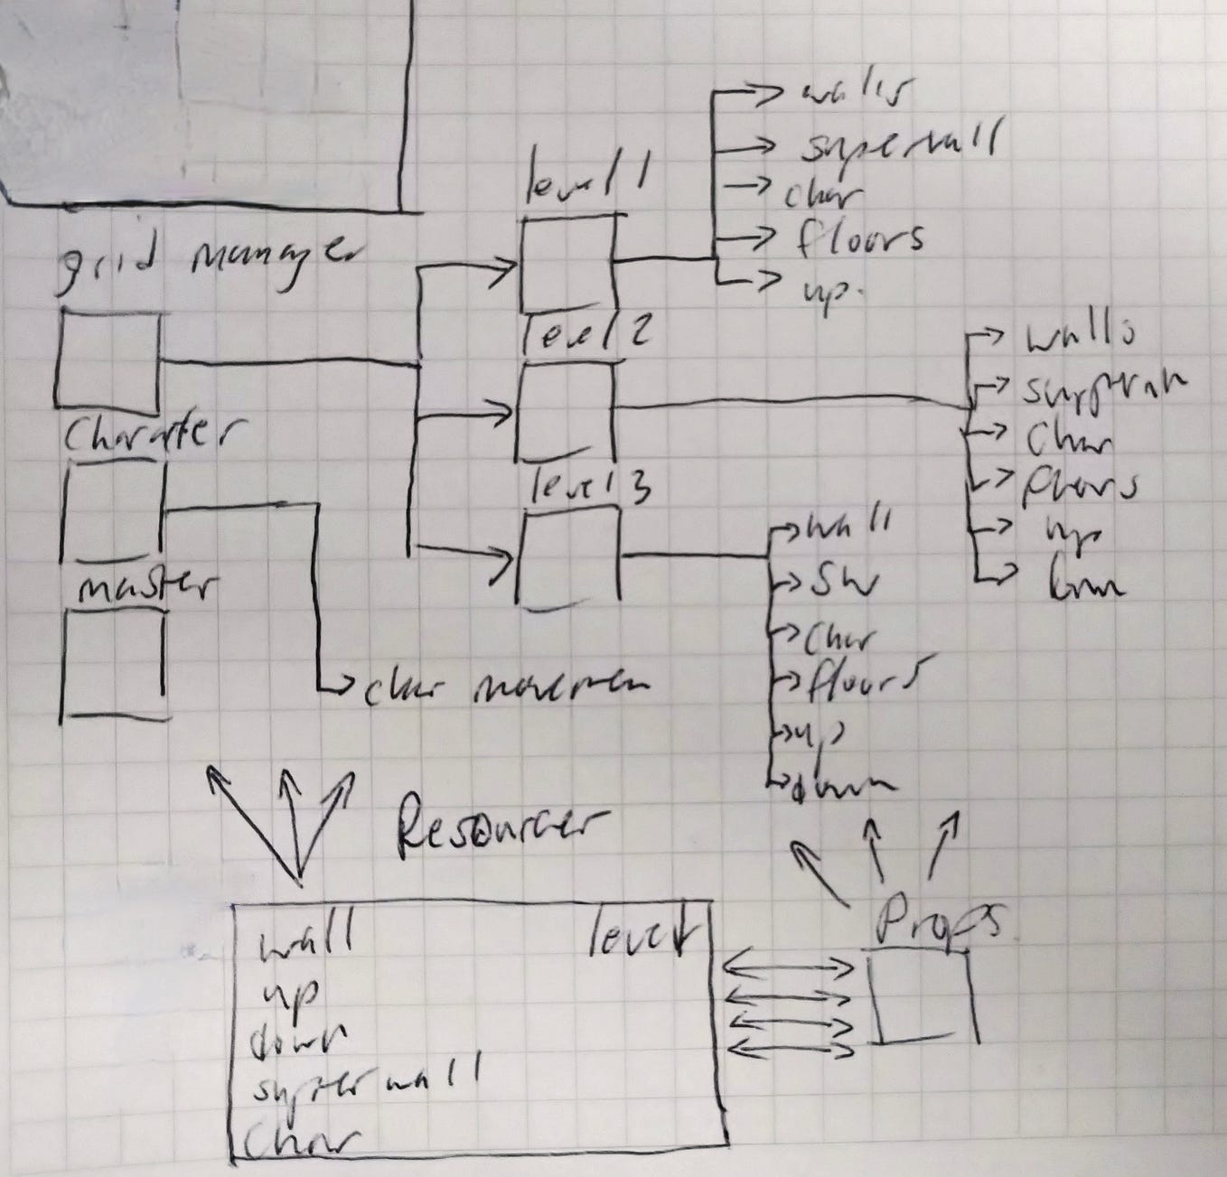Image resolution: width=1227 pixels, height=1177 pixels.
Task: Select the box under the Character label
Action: pyautogui.click(x=114, y=509)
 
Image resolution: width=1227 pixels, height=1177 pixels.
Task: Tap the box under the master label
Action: pyautogui.click(x=114, y=664)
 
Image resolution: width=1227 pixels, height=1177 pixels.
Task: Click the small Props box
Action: pyautogui.click(x=922, y=999)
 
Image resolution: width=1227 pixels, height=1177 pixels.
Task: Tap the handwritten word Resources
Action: pyautogui.click(x=501, y=823)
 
